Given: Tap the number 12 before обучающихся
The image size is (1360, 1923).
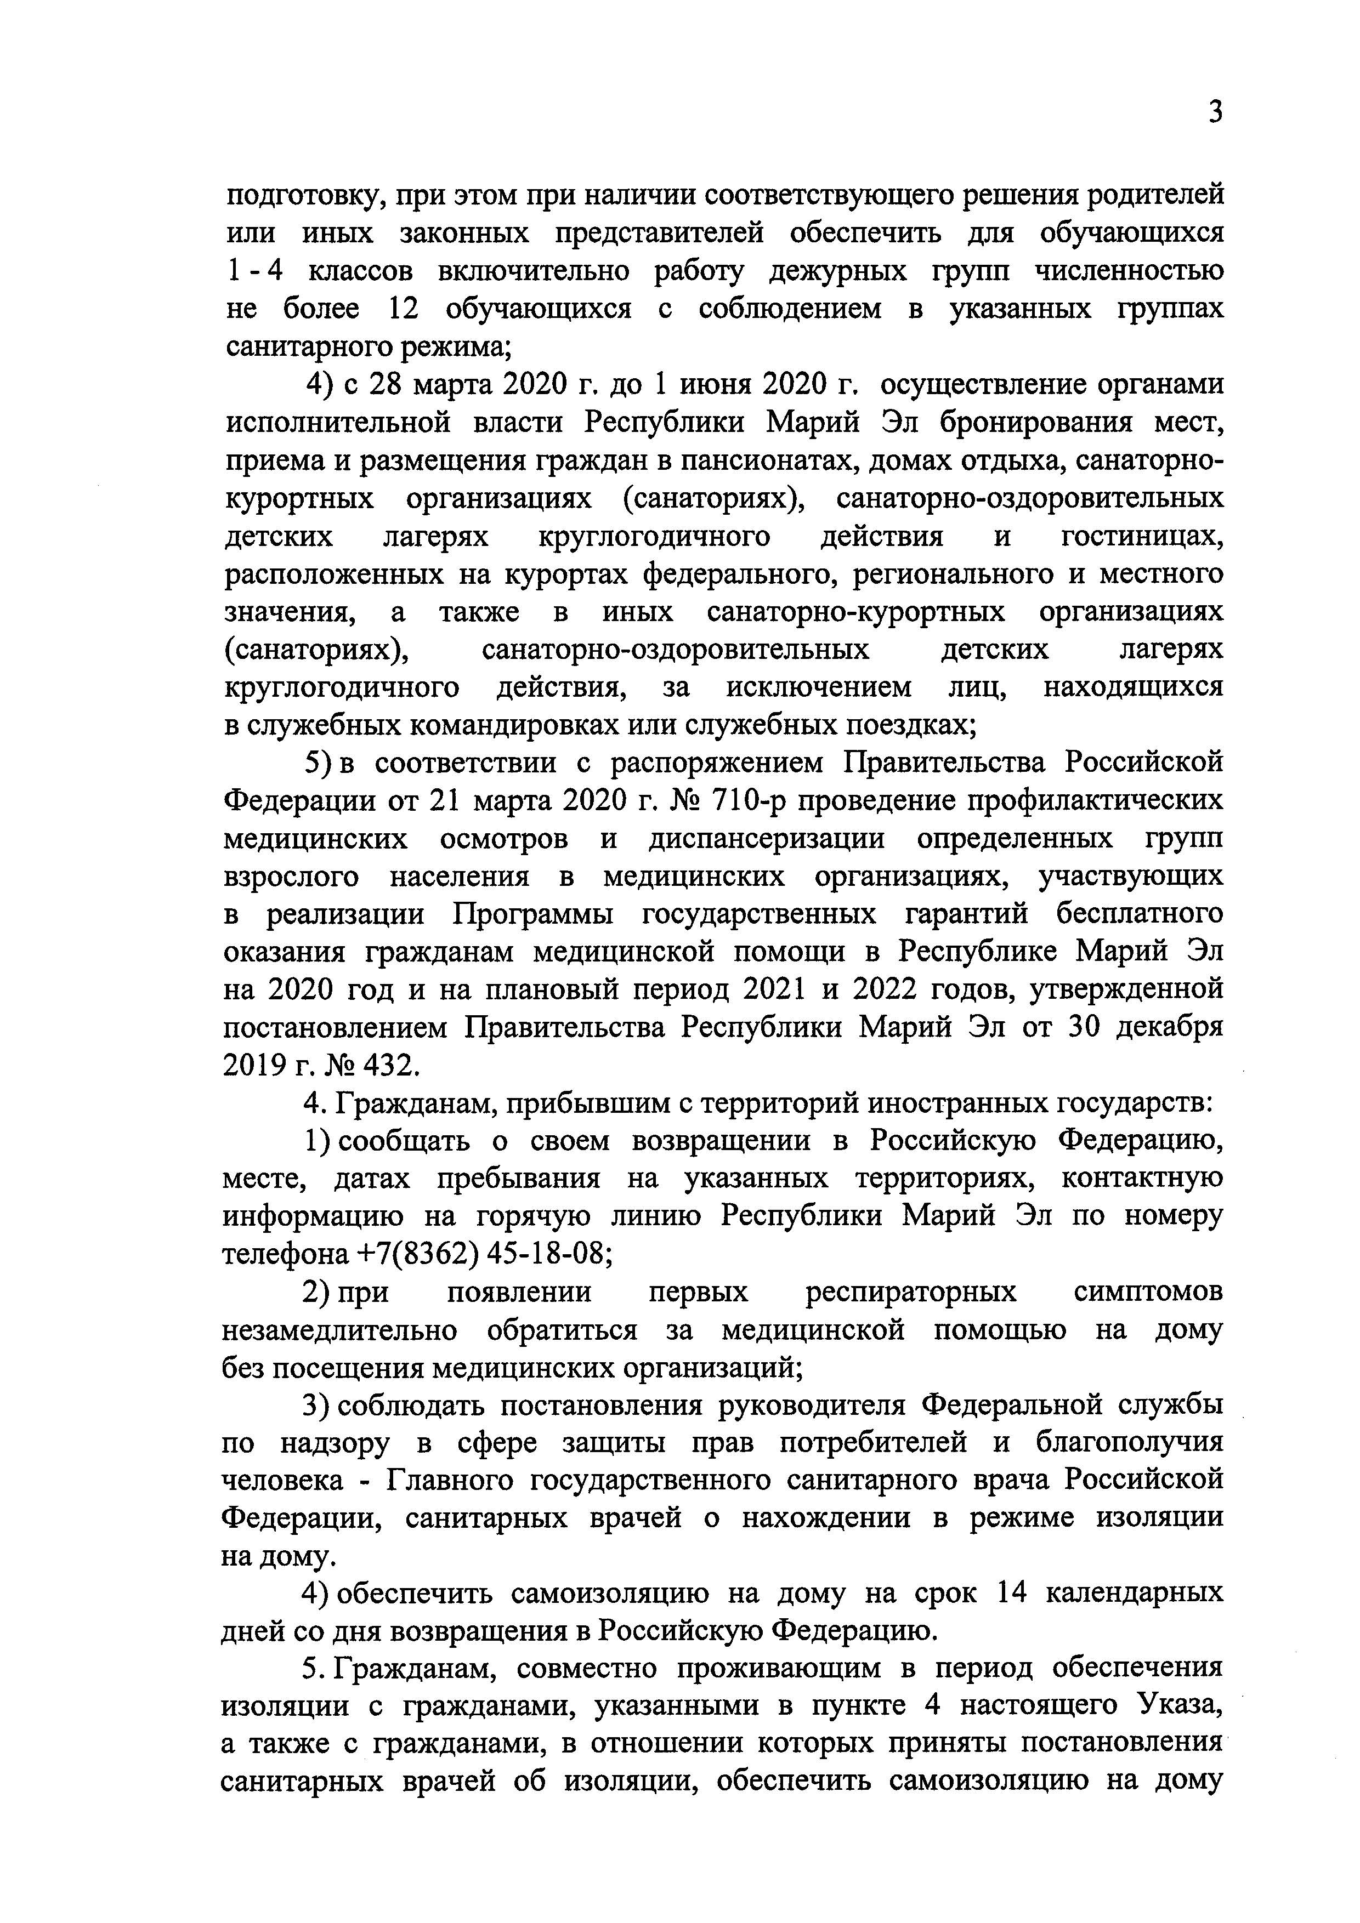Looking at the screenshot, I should point(404,309).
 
